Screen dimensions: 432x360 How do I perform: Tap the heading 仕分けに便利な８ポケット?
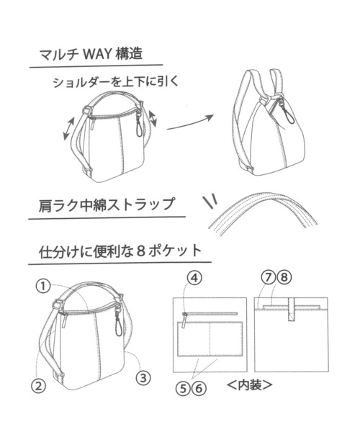pyautogui.click(x=120, y=253)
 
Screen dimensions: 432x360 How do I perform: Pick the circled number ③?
pyautogui.click(x=143, y=375)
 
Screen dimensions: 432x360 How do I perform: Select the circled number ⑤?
pyautogui.click(x=187, y=386)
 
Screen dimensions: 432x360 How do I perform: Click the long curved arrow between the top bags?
pyautogui.click(x=191, y=122)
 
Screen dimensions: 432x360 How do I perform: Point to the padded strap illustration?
pyautogui.click(x=266, y=212)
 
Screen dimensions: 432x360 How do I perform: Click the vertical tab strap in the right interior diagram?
pyautogui.click(x=292, y=310)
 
